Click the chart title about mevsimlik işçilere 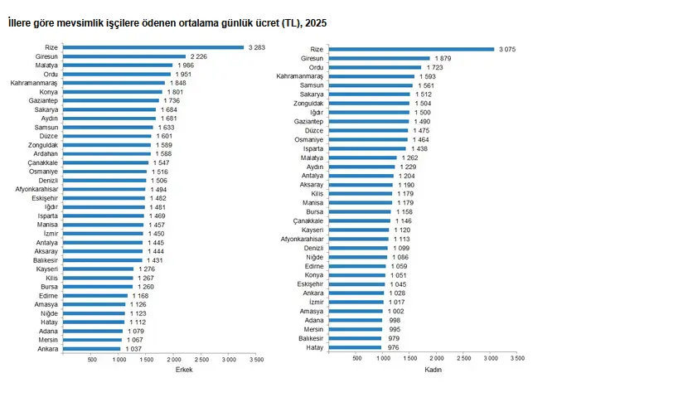tap(167, 24)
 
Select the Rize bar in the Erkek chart tap(153, 47)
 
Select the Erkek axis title tap(184, 370)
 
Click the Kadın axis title tap(433, 370)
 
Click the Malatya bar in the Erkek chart tap(118, 65)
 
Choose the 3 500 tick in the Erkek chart tap(256, 360)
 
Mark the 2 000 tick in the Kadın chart tap(437, 358)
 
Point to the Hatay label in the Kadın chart tap(315, 347)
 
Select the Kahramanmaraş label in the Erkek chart tap(34, 83)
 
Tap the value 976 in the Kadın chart tap(393, 347)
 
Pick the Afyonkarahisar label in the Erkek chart tap(36, 189)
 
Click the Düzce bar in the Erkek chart tap(108, 136)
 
